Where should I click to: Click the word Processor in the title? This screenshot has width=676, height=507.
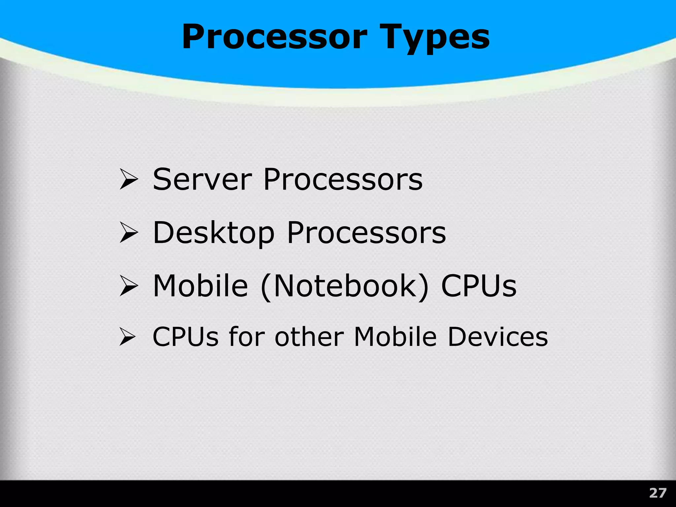pyautogui.click(x=274, y=37)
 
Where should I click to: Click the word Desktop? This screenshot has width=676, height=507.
pyautogui.click(x=214, y=233)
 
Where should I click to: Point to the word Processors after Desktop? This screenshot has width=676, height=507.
pyautogui.click(x=366, y=233)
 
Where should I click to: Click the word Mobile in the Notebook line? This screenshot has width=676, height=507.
pyautogui.click(x=200, y=286)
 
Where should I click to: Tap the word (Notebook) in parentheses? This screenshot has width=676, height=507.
pyautogui.click(x=344, y=286)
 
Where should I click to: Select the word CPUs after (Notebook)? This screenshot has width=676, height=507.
pyautogui.click(x=479, y=286)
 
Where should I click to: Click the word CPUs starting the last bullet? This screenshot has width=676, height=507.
pyautogui.click(x=186, y=337)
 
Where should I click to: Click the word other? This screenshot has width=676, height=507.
pyautogui.click(x=310, y=337)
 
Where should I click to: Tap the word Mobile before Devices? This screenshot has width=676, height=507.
pyautogui.click(x=395, y=337)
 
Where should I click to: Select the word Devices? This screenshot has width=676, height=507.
pyautogui.click(x=498, y=337)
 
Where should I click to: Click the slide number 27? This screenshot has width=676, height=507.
pyautogui.click(x=658, y=493)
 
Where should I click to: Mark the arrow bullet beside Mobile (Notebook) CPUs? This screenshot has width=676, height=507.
pyautogui.click(x=129, y=286)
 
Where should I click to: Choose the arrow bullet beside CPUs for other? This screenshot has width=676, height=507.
pyautogui.click(x=127, y=337)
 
